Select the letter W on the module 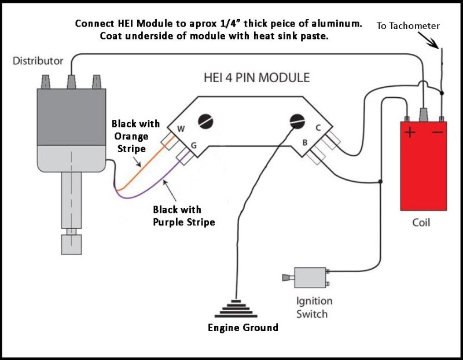181,128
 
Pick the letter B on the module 304,142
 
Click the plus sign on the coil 410,133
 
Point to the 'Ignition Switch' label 314,307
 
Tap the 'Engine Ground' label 243,328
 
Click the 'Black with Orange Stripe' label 130,137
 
